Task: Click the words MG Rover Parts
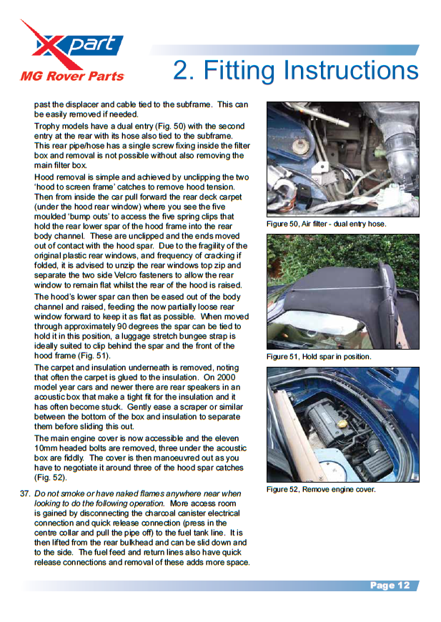pos(71,76)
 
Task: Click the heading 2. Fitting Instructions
pos(295,70)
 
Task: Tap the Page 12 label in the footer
pos(390,586)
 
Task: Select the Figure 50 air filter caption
pos(326,224)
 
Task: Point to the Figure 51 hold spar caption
pos(319,356)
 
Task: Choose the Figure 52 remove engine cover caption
pos(321,489)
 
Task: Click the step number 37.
pos(25,493)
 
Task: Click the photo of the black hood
pos(342,291)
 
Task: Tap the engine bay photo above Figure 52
pos(342,424)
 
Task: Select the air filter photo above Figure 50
pos(342,159)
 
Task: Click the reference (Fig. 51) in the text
pos(93,355)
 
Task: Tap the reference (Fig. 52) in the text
pos(49,478)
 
